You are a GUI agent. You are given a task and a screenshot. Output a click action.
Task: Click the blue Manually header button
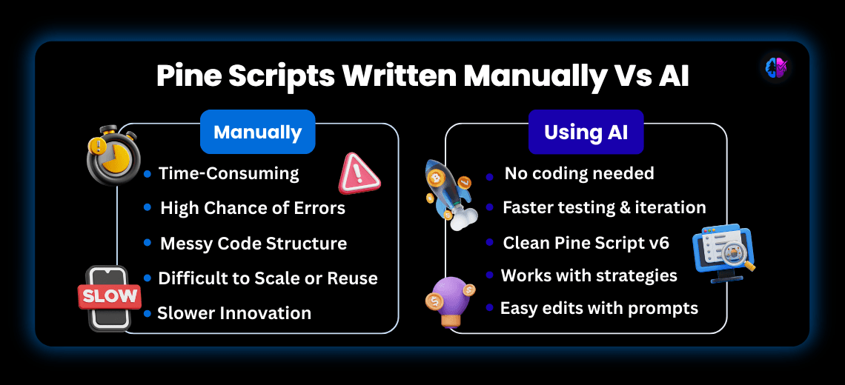click(x=257, y=133)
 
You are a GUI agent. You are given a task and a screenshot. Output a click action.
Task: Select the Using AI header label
click(x=586, y=133)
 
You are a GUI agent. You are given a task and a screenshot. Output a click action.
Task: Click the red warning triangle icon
click(x=359, y=175)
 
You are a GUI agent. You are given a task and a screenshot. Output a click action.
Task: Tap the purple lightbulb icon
click(x=452, y=301)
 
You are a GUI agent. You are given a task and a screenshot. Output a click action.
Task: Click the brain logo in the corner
click(x=776, y=68)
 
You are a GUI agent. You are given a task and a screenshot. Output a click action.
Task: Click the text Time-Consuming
click(x=228, y=173)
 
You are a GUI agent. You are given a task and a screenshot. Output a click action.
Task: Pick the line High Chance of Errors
click(x=253, y=208)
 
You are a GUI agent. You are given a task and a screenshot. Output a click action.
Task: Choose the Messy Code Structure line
click(x=253, y=243)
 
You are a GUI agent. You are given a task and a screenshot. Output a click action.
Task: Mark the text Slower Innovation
click(x=234, y=312)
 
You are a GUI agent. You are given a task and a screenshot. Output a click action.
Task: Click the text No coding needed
click(x=579, y=173)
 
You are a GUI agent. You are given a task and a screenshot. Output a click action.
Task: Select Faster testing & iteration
click(x=604, y=207)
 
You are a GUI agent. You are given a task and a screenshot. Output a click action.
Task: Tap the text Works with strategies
click(x=589, y=275)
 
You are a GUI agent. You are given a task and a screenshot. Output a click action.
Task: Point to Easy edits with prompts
click(x=599, y=307)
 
